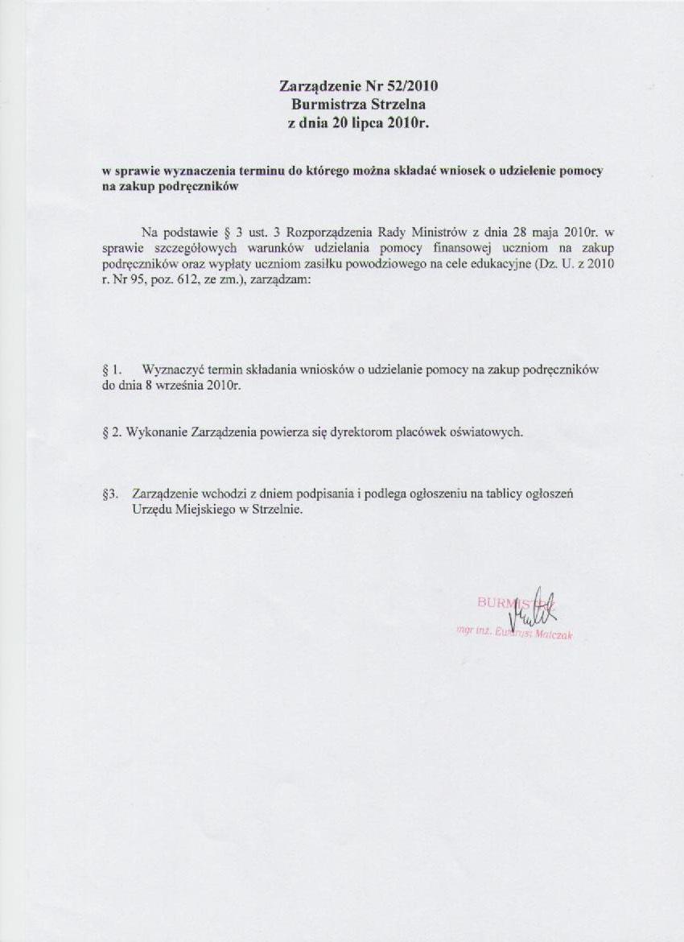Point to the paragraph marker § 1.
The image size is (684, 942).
coord(113,370)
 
